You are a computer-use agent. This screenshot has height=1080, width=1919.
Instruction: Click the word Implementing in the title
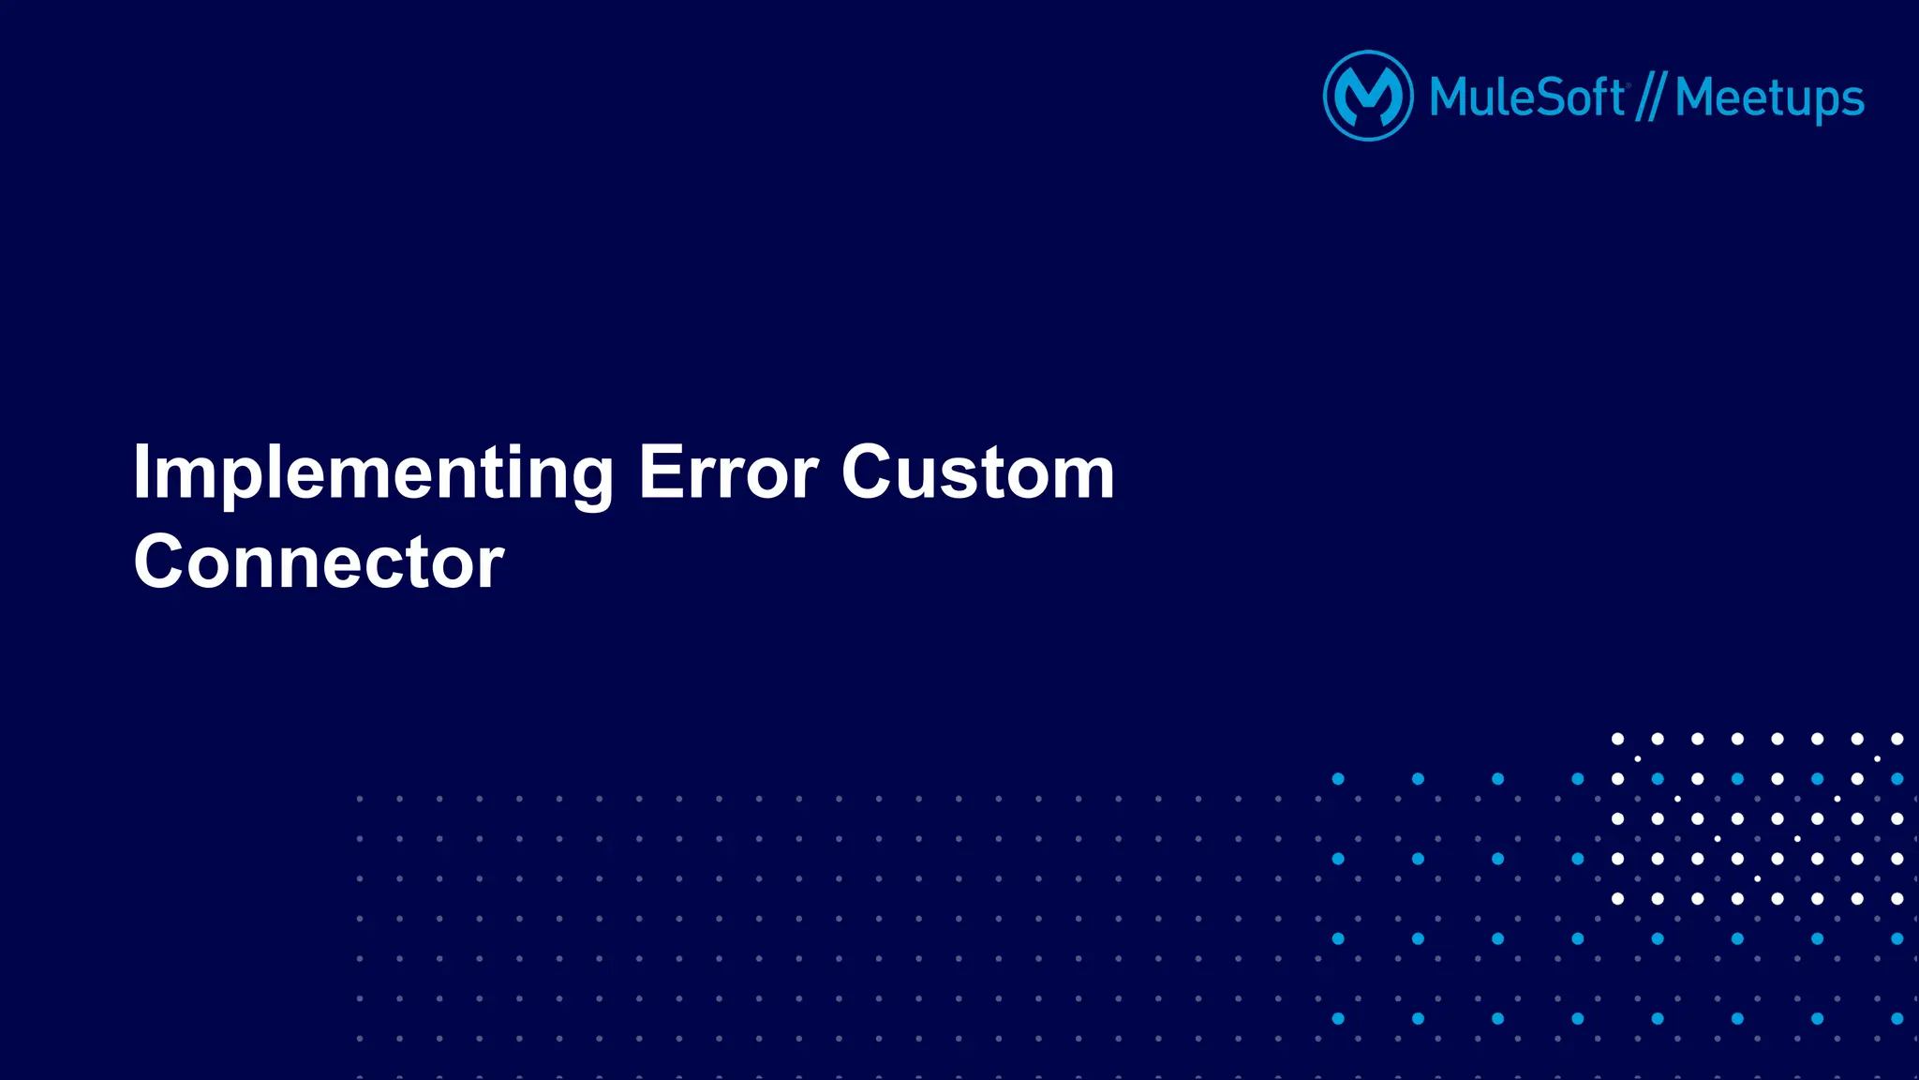pos(373,473)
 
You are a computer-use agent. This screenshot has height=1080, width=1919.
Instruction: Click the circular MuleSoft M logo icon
pos(1368,96)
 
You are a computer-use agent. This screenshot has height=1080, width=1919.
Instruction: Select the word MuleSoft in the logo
pos(1526,97)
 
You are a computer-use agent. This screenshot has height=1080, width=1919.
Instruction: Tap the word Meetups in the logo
pos(1769,98)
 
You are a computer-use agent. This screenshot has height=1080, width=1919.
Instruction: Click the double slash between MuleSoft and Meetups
pos(1649,98)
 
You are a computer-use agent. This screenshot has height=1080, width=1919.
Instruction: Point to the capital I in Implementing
pos(141,472)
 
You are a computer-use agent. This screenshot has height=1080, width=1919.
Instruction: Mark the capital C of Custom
pos(867,472)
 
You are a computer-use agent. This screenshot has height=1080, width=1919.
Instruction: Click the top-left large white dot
pos(1617,739)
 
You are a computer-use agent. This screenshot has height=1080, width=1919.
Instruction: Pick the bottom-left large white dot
pos(1617,899)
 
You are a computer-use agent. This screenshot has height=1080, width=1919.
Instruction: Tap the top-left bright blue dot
pos(1338,779)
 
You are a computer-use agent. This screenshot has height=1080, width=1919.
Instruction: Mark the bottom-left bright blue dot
pos(1338,1019)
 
